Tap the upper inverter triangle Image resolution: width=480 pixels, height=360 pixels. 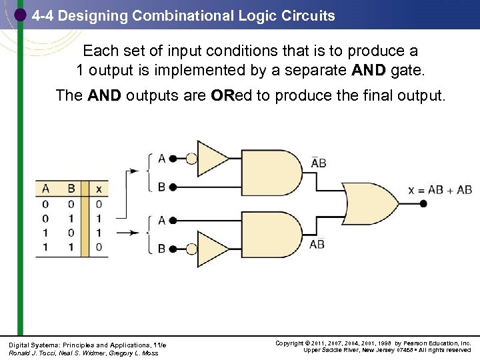tap(213, 159)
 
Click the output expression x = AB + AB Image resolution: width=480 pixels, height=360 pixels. tap(439, 190)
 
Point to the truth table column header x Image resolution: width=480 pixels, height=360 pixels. tap(98, 189)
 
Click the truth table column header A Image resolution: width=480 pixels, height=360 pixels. tap(45, 189)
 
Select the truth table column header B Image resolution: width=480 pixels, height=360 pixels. tap(71, 189)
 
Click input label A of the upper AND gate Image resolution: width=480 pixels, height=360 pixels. tap(162, 159)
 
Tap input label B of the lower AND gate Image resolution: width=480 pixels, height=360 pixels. tap(162, 249)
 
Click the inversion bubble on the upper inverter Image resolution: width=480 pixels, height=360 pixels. tap(191, 159)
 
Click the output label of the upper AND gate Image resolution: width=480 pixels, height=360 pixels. tap(319, 162)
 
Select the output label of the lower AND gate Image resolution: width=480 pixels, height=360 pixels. tap(317, 244)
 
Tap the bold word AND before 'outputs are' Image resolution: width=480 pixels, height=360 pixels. tap(103, 95)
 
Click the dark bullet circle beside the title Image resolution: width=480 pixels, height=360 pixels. tap(21, 15)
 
